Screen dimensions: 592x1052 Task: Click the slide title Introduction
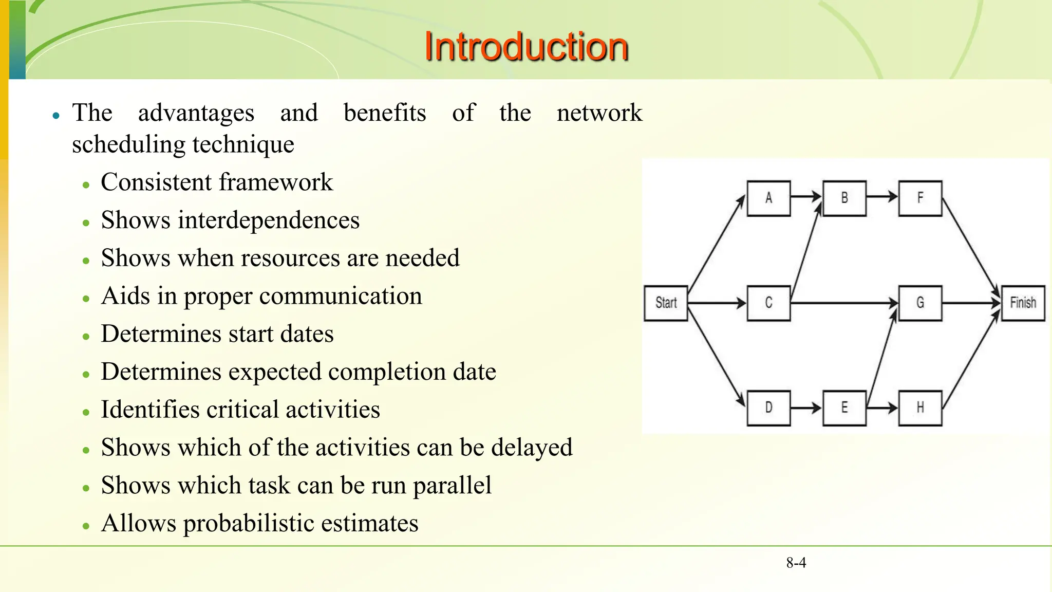coord(526,47)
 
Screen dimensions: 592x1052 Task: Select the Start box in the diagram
coord(666,303)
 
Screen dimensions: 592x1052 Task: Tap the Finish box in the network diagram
coord(1023,303)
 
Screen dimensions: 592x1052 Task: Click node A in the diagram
coord(768,198)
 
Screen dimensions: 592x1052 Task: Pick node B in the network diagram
coord(844,198)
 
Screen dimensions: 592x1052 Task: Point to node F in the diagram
coord(920,198)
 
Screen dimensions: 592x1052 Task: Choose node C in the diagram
coord(768,303)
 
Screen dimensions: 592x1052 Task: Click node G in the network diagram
coord(920,303)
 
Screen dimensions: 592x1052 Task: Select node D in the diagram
coord(768,408)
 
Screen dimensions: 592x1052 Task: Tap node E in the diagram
coord(844,408)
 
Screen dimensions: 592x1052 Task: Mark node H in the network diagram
coord(920,408)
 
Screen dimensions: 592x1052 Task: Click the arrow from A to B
coord(806,196)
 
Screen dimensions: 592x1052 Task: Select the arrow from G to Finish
coord(971,303)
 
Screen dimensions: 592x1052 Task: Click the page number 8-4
coord(796,563)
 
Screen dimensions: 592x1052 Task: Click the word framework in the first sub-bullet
coord(276,182)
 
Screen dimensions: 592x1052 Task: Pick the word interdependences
coord(269,220)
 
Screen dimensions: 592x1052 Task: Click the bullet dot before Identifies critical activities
coord(86,412)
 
